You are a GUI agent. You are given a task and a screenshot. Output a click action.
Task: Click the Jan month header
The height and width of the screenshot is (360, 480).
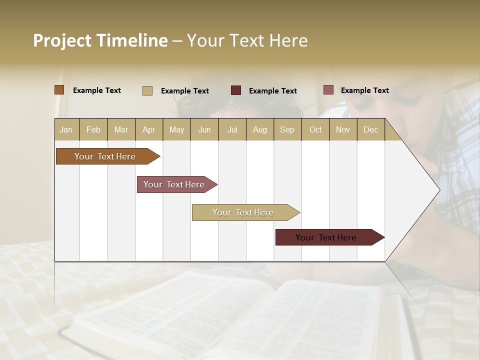tap(66, 129)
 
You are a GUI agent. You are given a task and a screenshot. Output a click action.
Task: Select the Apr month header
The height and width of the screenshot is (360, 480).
tap(149, 129)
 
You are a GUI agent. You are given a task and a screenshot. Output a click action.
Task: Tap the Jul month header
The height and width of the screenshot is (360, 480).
tap(232, 129)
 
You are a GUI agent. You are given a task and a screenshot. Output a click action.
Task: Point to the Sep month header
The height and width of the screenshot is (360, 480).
tap(287, 129)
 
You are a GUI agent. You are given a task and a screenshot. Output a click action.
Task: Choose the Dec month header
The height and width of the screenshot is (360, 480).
tap(370, 129)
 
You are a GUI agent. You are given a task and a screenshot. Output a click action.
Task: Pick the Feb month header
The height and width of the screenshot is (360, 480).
tap(93, 129)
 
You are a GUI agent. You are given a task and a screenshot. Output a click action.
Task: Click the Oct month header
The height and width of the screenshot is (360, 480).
tap(315, 129)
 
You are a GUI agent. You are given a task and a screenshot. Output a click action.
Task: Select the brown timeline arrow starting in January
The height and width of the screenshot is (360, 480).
tap(105, 156)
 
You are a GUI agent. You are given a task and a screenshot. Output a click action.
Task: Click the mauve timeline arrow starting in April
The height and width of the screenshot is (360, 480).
tap(174, 184)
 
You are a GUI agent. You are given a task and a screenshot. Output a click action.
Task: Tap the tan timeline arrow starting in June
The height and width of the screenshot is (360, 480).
tap(243, 212)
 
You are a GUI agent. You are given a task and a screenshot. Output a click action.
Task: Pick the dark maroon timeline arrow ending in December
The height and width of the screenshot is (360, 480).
tap(326, 237)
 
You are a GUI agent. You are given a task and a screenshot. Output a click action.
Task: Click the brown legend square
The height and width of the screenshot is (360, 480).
tap(59, 90)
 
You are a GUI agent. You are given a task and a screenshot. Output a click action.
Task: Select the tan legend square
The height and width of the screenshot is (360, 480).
tap(147, 90)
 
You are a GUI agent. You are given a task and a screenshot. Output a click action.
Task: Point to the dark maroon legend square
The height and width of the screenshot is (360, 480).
tap(236, 90)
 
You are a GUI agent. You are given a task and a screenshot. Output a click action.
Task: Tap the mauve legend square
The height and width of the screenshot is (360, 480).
tap(328, 90)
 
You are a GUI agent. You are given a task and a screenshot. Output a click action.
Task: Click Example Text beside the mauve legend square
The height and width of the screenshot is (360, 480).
tap(364, 90)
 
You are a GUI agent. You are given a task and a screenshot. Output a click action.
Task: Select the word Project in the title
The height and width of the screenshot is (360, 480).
tap(62, 41)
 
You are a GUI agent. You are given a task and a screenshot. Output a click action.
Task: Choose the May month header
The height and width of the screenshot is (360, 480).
tap(176, 129)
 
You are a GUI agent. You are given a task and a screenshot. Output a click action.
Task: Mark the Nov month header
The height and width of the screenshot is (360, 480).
tap(343, 129)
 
